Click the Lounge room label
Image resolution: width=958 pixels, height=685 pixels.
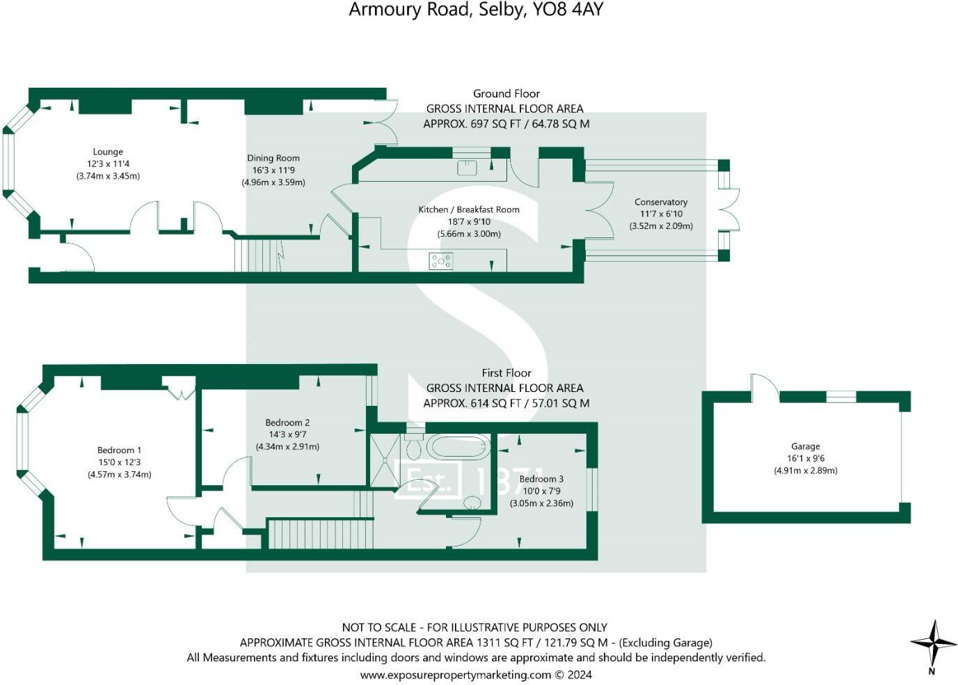tap(108, 152)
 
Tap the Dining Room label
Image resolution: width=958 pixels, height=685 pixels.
tap(273, 158)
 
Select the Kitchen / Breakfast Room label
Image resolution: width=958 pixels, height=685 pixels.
tap(468, 210)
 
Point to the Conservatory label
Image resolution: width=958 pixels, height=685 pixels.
tap(661, 203)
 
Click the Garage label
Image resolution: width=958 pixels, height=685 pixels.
tap(806, 446)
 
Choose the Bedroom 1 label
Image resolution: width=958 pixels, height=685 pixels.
tap(119, 450)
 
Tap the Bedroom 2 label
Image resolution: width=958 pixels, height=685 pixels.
tap(287, 423)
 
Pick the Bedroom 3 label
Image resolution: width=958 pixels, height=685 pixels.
tap(541, 479)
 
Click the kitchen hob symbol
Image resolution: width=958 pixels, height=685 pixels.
tap(441, 262)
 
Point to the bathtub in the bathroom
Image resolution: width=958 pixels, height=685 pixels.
tap(458, 447)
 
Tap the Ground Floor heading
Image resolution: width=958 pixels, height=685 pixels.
tap(506, 93)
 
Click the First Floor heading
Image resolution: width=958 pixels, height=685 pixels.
tap(506, 373)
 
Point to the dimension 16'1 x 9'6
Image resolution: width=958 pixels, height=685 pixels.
tap(806, 459)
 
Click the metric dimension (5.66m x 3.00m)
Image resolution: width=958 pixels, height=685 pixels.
tap(468, 234)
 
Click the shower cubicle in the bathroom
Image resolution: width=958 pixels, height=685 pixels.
tap(384, 460)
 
